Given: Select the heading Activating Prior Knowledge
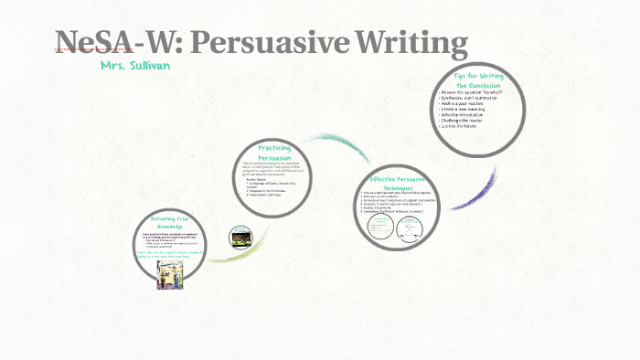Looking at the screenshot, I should [170, 222].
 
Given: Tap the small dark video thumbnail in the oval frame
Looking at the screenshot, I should [240, 237].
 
